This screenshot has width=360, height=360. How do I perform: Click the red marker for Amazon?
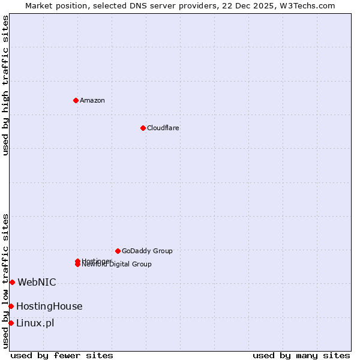[x=76, y=100]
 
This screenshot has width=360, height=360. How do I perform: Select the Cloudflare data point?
[x=143, y=128]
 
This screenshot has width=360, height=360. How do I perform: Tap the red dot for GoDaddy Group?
[x=118, y=251]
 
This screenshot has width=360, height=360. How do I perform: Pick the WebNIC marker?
[x=12, y=282]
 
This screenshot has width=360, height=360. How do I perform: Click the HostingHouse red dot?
[x=11, y=306]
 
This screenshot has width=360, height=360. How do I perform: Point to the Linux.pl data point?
[x=11, y=323]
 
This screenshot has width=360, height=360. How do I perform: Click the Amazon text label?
[x=92, y=100]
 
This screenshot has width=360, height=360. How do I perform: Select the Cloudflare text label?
[x=163, y=128]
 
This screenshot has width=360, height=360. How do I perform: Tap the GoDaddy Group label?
[x=147, y=251]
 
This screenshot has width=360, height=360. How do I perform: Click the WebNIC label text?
[x=37, y=282]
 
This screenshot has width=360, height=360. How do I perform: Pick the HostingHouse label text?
[x=49, y=306]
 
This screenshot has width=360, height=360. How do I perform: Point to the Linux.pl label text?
[x=35, y=323]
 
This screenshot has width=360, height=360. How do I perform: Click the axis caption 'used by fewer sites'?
[x=62, y=355]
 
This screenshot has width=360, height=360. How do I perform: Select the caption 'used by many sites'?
[x=301, y=355]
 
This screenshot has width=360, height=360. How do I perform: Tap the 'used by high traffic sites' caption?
[x=5, y=85]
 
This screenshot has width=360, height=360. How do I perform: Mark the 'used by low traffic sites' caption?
[x=5, y=281]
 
